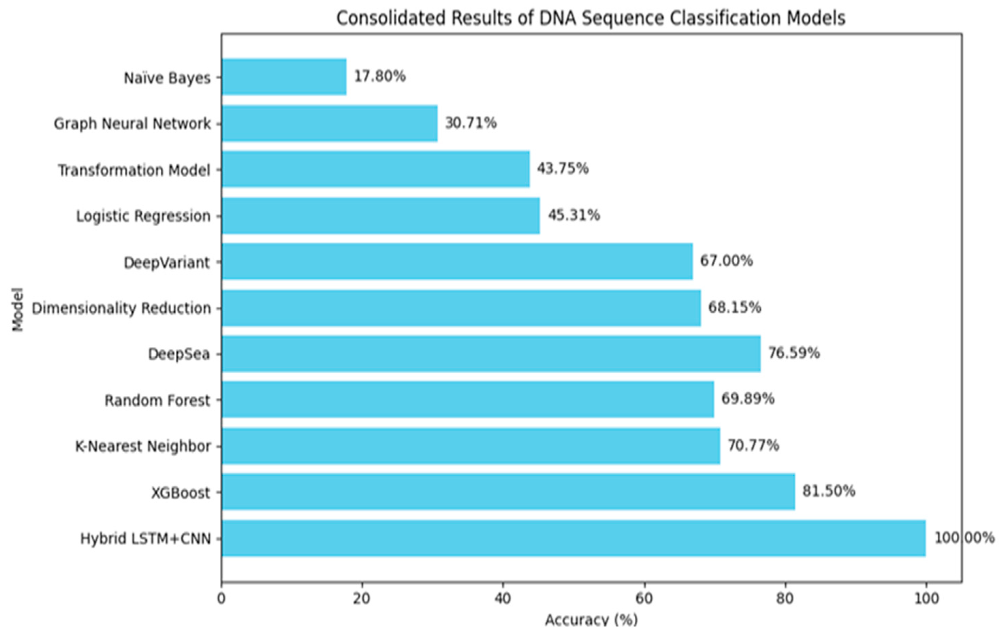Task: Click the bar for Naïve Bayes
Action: click(284, 77)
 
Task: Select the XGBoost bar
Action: click(508, 491)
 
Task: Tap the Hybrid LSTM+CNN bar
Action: click(573, 538)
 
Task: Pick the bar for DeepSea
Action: click(491, 354)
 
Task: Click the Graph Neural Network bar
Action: click(329, 124)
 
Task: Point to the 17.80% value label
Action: click(380, 76)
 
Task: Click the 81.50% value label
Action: click(828, 491)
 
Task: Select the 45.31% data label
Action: click(574, 215)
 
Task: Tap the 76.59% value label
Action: click(794, 353)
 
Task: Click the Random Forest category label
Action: click(157, 401)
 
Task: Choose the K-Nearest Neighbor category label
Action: click(143, 446)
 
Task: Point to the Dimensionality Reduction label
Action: click(122, 308)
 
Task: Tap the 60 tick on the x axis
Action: click(644, 599)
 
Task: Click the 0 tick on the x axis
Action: click(221, 599)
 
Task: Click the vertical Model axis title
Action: click(17, 309)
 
